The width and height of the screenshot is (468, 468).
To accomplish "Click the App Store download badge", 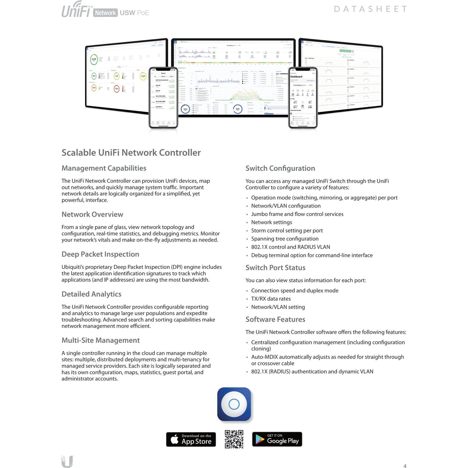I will coord(191,439).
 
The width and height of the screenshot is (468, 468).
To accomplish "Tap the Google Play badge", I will coord(277,439).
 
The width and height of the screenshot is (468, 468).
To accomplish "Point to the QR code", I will coord(234,439).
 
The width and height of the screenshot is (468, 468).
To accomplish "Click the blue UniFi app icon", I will coord(234,404).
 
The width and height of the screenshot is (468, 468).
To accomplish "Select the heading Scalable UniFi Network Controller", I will coord(131,153).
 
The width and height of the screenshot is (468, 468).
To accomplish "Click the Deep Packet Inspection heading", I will coord(100,254).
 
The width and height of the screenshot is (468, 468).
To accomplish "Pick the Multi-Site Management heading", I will coord(100,340).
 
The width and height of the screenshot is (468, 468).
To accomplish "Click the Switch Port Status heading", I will coord(275,268).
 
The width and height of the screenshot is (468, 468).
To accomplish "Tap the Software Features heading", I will coord(275,319).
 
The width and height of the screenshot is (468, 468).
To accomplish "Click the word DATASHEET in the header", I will coord(370,9).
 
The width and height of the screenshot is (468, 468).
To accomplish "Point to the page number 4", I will coord(405,466).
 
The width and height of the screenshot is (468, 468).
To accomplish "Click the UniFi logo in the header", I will coord(76,10).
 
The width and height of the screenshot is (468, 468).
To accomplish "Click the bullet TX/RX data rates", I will coord(271,299).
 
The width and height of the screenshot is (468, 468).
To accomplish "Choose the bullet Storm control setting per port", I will coord(287,231).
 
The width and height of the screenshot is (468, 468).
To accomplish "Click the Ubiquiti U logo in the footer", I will coord(67,461).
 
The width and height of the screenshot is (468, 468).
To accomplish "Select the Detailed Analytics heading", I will coord(91,294).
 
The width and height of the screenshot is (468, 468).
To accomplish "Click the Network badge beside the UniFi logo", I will coord(105,13).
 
